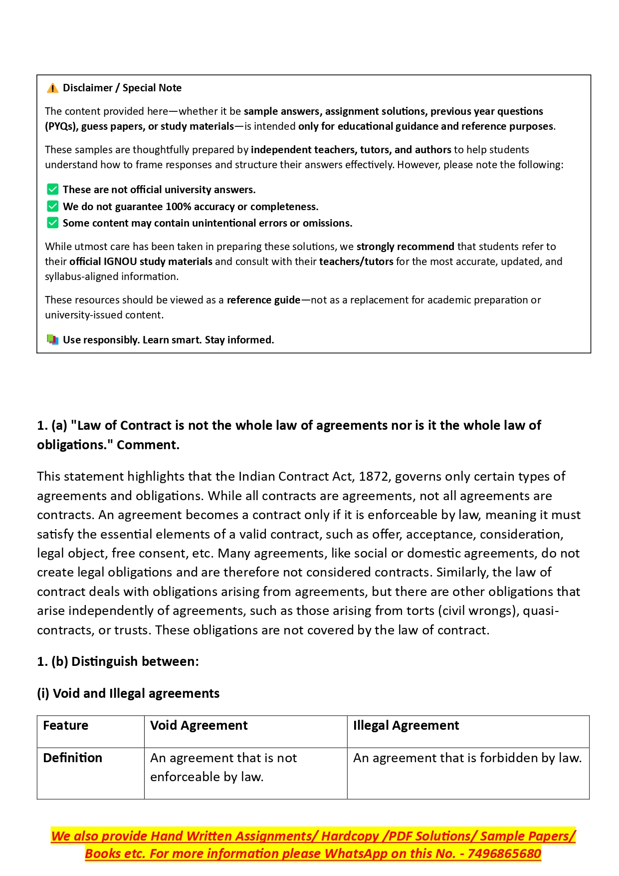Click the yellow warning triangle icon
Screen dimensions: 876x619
[52, 88]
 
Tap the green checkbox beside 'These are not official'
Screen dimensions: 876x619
[52, 190]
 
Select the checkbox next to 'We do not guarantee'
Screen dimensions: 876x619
[52, 206]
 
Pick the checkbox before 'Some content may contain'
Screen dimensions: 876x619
[52, 223]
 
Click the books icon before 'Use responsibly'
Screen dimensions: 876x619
[52, 340]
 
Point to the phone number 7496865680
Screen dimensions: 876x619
[504, 854]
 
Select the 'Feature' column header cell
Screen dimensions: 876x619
[65, 725]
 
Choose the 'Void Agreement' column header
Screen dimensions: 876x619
[199, 725]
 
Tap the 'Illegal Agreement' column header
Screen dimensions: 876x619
[406, 725]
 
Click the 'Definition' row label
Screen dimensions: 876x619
[72, 758]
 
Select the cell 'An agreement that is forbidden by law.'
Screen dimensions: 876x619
[467, 758]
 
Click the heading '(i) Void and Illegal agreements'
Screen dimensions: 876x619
[128, 693]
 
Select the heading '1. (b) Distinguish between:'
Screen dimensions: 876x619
[118, 661]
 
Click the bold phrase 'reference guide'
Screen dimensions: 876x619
[263, 300]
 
